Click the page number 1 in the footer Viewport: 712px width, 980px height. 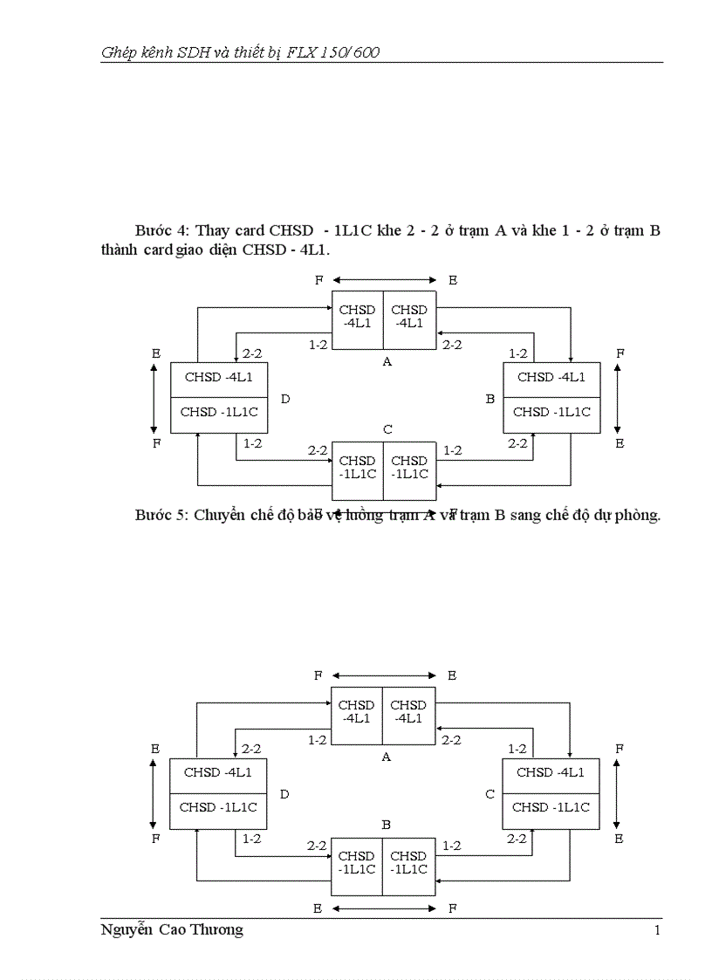[x=657, y=930]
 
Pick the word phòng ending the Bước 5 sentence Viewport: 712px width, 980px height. [x=638, y=515]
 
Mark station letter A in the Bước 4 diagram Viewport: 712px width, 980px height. [x=387, y=361]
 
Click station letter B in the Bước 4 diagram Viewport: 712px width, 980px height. [x=490, y=399]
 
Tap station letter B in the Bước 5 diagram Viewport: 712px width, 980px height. [x=387, y=824]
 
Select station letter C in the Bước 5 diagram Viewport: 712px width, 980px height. [x=490, y=794]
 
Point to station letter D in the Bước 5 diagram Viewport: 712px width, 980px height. [x=285, y=794]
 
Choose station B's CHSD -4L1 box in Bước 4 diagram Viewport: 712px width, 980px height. [x=551, y=378]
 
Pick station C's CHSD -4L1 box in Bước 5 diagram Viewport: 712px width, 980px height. [x=551, y=773]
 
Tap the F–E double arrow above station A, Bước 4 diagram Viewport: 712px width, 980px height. [x=384, y=280]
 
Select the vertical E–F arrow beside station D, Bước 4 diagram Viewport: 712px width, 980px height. [x=154, y=399]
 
